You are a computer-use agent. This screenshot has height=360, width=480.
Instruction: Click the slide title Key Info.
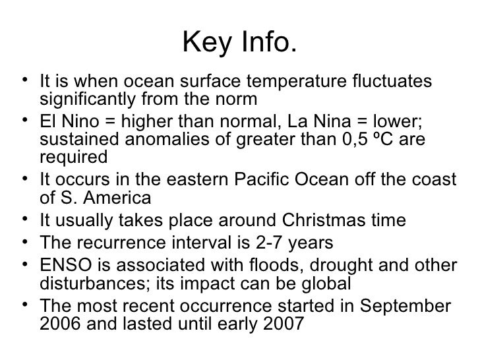click(239, 44)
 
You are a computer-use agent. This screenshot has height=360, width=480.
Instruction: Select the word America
click(119, 198)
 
